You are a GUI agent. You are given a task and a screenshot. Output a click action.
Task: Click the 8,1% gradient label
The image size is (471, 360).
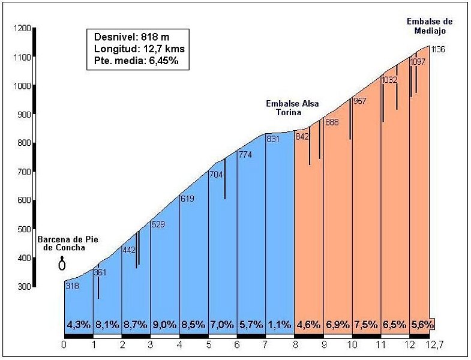tap(107, 325)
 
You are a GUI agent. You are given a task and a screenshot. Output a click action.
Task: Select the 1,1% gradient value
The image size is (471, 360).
tap(280, 325)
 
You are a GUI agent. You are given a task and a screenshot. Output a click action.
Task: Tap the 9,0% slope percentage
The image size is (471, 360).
tap(165, 325)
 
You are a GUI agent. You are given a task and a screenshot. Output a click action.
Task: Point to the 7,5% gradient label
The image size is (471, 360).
tap(367, 325)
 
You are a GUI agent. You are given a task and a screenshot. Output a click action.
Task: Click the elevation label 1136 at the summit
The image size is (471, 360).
tap(438, 50)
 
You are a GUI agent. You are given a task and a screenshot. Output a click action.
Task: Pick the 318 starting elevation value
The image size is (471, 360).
tap(72, 286)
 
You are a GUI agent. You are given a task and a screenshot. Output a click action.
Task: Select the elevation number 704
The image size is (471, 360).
tap(215, 175)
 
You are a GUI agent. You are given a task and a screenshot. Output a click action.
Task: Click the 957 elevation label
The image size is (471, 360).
tap(360, 101)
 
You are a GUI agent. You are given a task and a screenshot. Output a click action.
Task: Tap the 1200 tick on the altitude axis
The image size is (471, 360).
tap(22, 28)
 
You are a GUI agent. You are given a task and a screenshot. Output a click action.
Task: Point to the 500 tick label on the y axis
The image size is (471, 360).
tap(22, 229)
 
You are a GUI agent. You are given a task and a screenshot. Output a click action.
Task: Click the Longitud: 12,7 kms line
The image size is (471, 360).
tap(133, 49)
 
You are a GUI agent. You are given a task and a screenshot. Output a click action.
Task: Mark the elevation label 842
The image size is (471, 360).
tap(302, 136)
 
